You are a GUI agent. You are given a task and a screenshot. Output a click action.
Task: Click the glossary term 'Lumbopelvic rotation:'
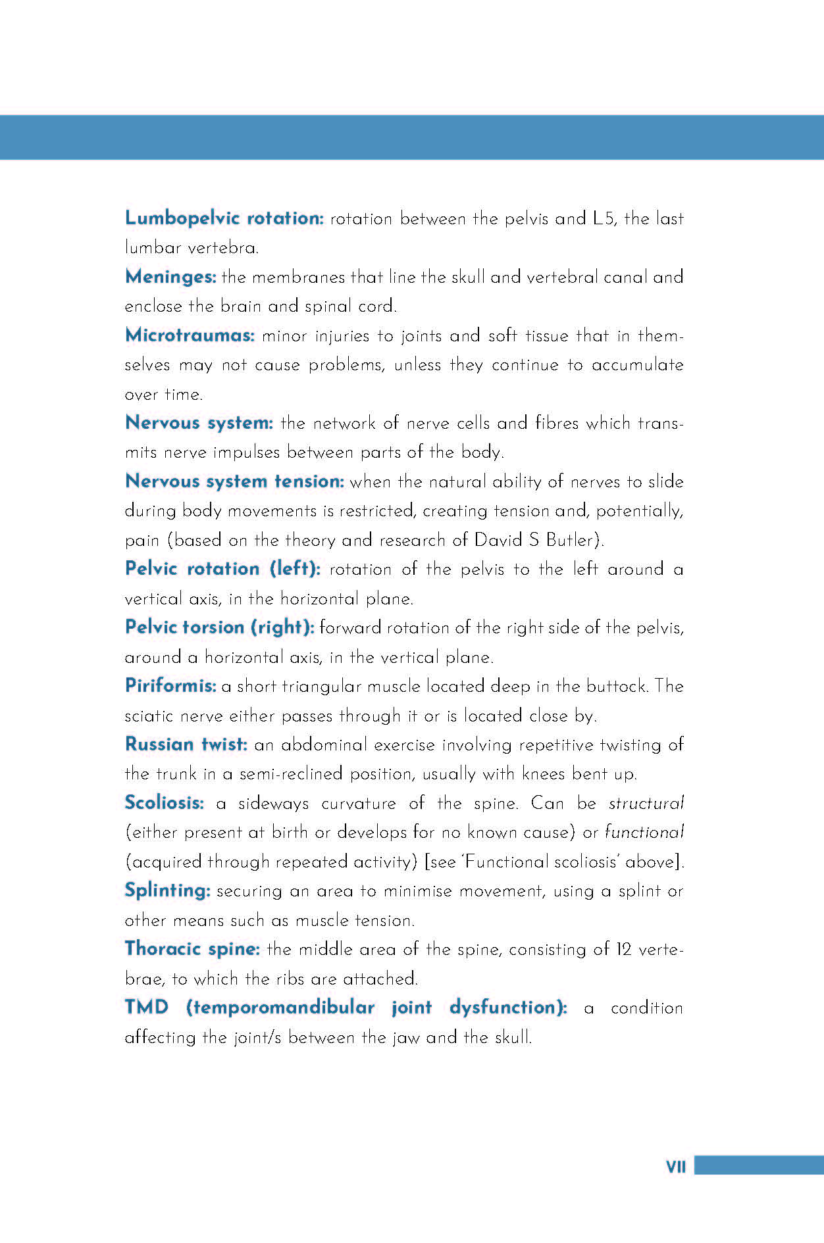[x=224, y=218]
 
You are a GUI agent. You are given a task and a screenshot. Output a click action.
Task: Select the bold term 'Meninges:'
[x=170, y=277]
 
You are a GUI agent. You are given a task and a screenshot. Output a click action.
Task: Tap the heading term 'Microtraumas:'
[x=190, y=335]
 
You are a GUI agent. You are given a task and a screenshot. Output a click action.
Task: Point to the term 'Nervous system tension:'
[x=234, y=481]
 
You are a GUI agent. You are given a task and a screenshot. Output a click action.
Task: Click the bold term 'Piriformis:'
[x=170, y=686]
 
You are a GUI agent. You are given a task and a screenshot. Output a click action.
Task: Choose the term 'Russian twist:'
[x=186, y=744]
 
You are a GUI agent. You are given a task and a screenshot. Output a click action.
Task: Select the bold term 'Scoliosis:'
[x=165, y=803]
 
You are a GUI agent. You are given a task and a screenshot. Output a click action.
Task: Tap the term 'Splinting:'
[x=167, y=890]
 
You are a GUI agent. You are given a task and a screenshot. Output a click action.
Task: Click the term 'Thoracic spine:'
[x=192, y=949]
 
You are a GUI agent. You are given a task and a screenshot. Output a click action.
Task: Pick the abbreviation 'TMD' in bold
[x=147, y=1008]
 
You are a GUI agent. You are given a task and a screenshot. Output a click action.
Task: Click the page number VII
[x=676, y=1167]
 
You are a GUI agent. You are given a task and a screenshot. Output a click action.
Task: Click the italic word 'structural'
[x=646, y=804]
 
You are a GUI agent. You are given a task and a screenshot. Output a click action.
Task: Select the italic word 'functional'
[x=644, y=833]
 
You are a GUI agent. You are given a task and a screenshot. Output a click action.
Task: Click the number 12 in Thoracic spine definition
[x=623, y=950]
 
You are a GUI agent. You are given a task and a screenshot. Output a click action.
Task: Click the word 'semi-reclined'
[x=291, y=774]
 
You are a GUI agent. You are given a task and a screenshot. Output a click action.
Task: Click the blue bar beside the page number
[x=759, y=1165]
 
